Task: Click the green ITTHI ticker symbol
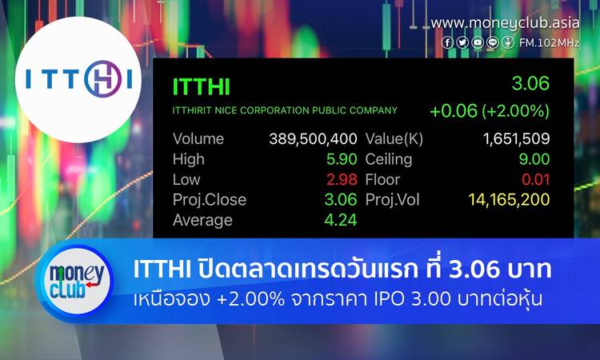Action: pyautogui.click(x=201, y=86)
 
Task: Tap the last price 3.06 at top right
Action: pyautogui.click(x=530, y=83)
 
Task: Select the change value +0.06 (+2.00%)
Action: pyautogui.click(x=490, y=111)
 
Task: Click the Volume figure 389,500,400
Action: pyautogui.click(x=313, y=139)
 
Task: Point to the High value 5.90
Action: pyautogui.click(x=342, y=159)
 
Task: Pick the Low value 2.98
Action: pyautogui.click(x=342, y=179)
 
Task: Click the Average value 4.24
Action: pyautogui.click(x=341, y=220)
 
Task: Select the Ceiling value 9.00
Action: pyautogui.click(x=534, y=159)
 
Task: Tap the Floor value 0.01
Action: pyautogui.click(x=536, y=179)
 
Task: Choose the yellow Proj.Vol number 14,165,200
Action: pyautogui.click(x=509, y=200)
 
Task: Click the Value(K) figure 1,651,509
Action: pyautogui.click(x=516, y=139)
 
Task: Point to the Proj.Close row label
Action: pyautogui.click(x=210, y=200)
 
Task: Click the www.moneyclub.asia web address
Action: pyautogui.click(x=505, y=23)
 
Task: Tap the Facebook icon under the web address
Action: pyautogui.click(x=447, y=42)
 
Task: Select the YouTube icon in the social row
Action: pyautogui.click(x=478, y=42)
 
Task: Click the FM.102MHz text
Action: pyautogui.click(x=549, y=42)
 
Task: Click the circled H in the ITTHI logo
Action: pyautogui.click(x=102, y=79)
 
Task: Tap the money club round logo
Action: pyautogui.click(x=77, y=282)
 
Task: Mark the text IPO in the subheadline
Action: pyautogui.click(x=388, y=299)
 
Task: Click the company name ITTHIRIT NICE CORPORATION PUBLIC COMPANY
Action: pyautogui.click(x=285, y=110)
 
